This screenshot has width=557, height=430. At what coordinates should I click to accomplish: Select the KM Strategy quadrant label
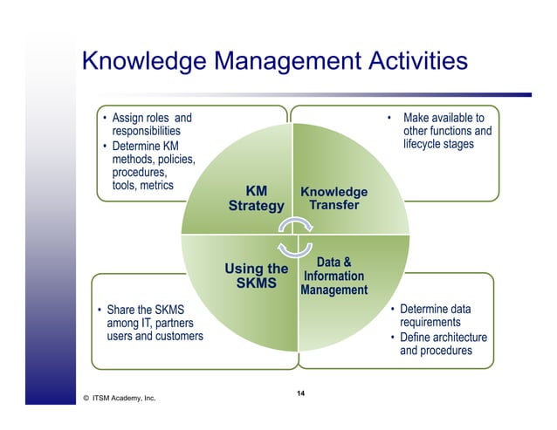(256, 199)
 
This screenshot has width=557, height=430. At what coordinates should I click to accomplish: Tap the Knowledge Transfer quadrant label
(334, 199)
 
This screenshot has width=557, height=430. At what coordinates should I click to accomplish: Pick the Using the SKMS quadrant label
(256, 276)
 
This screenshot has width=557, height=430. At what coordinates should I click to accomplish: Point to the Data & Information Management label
(334, 276)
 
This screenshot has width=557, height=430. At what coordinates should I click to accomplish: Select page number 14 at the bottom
(300, 395)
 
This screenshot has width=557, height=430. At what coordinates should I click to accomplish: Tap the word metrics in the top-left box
(156, 186)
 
